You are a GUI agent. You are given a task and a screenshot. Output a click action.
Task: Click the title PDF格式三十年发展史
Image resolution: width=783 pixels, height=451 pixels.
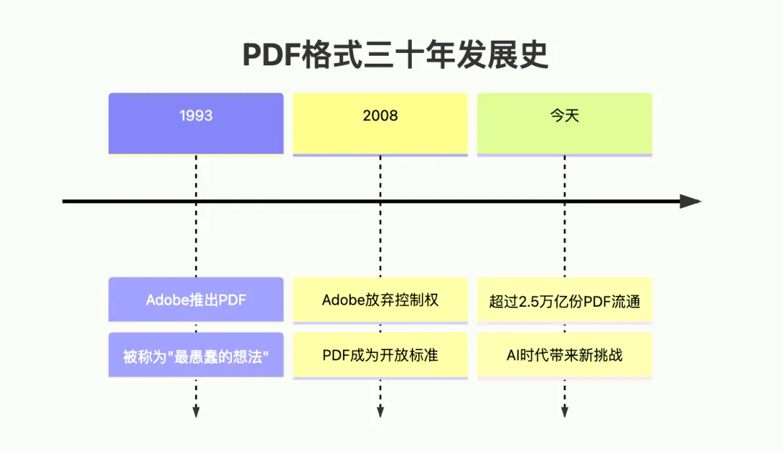coord(395,55)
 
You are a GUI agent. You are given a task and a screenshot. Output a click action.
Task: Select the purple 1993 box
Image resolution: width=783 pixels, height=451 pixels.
coord(196,123)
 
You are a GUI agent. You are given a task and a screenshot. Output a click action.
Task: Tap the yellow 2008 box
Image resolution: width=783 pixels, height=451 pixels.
coord(380,123)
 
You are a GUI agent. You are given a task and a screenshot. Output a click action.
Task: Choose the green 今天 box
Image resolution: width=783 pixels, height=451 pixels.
coord(564,123)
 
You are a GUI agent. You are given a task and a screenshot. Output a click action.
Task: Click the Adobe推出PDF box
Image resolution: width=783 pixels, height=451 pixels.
coord(196,299)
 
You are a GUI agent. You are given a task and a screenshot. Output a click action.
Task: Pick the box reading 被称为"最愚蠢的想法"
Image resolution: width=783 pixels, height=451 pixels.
coord(196,355)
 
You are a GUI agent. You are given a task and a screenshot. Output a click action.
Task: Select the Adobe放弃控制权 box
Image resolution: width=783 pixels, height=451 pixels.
coord(380,299)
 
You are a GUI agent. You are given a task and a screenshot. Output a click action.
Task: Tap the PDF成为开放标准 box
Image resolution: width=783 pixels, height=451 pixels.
coord(380,355)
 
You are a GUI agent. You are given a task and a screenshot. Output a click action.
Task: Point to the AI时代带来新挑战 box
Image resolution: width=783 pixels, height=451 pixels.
coord(564,355)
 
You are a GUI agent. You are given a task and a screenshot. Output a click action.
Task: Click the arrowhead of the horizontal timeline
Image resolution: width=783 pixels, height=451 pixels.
coord(690,202)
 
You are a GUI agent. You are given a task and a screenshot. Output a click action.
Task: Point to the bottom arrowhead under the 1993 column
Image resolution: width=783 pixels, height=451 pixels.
coord(196,412)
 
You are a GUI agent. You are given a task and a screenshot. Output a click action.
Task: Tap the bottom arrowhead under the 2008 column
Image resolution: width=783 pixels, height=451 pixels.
coord(380,412)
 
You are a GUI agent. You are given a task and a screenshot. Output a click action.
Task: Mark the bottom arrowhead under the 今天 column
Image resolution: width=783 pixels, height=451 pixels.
coord(564,412)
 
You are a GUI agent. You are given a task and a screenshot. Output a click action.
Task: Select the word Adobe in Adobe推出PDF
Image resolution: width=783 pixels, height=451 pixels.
coord(166,300)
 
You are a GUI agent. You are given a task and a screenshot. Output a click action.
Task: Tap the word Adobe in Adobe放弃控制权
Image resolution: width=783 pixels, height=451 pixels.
coord(341,300)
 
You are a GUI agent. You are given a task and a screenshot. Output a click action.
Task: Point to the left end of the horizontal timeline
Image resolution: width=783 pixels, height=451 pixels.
coord(65,202)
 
